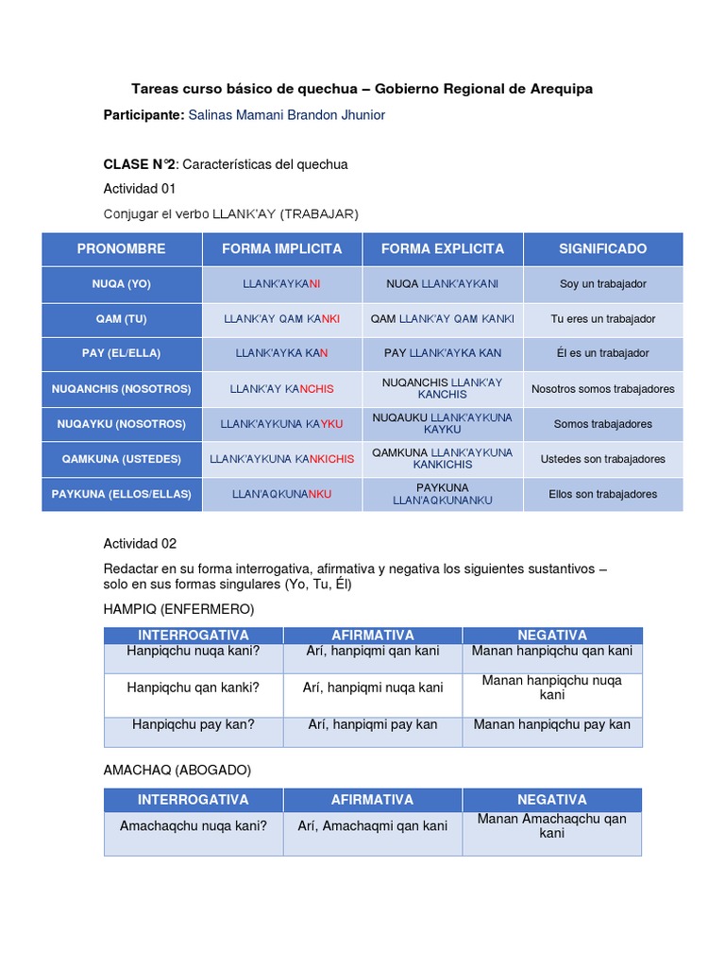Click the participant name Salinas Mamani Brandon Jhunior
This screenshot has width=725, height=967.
point(286,115)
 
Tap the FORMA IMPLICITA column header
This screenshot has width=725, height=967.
point(282,249)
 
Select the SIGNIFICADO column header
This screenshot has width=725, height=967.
point(602,249)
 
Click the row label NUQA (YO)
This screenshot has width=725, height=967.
point(122,284)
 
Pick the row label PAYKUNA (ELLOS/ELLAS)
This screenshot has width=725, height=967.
point(122,494)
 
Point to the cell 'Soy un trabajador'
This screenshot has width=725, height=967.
point(602,284)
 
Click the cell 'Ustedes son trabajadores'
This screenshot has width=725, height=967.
point(602,459)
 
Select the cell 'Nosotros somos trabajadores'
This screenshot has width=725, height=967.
point(602,389)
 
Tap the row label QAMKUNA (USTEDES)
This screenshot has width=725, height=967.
point(122,459)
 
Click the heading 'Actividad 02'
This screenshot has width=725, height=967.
point(140,544)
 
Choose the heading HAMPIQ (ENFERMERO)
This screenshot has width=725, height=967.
point(178,609)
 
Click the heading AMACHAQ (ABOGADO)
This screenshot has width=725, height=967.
point(177,771)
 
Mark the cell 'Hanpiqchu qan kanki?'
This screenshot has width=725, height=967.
point(194,687)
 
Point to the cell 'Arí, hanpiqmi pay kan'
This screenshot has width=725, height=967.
point(373,725)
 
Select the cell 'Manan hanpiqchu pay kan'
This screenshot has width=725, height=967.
point(552,725)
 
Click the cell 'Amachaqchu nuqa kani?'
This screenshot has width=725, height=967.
point(194,826)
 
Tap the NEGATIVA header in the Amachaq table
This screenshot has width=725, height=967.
point(552,800)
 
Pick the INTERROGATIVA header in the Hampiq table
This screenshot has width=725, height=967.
point(194,636)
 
